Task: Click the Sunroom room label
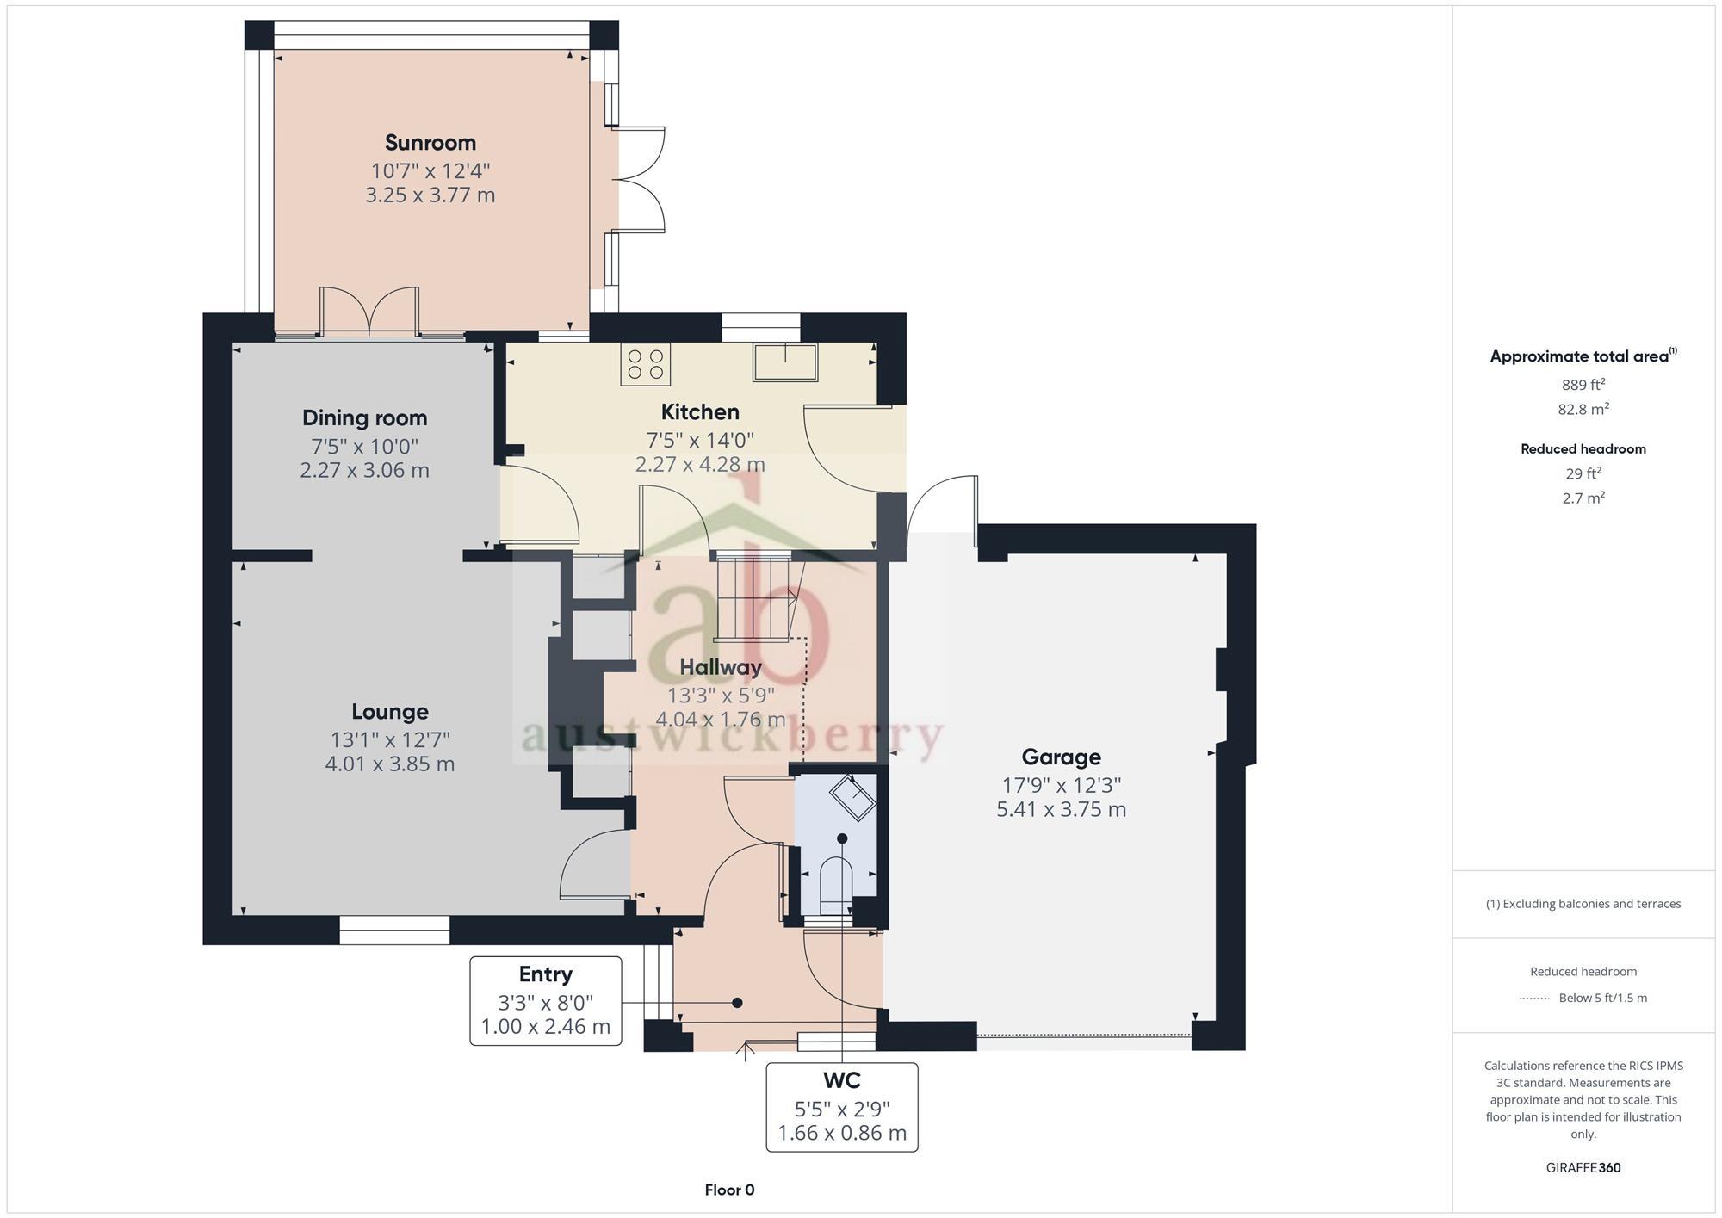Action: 430,142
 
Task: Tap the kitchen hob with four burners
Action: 645,363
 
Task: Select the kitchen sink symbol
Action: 785,362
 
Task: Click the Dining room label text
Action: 364,418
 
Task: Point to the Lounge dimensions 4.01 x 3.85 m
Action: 389,764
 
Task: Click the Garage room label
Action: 1061,757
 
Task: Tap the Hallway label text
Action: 720,667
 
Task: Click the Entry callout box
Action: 545,1000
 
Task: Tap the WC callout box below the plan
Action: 841,1107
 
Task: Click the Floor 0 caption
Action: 729,1190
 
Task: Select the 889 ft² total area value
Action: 1583,385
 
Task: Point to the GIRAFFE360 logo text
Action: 1583,1168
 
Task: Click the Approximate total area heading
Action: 1583,356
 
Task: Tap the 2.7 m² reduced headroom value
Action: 1583,498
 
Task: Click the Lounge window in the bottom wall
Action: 394,930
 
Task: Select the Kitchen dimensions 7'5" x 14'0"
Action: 700,441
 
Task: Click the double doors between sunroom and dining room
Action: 369,312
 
